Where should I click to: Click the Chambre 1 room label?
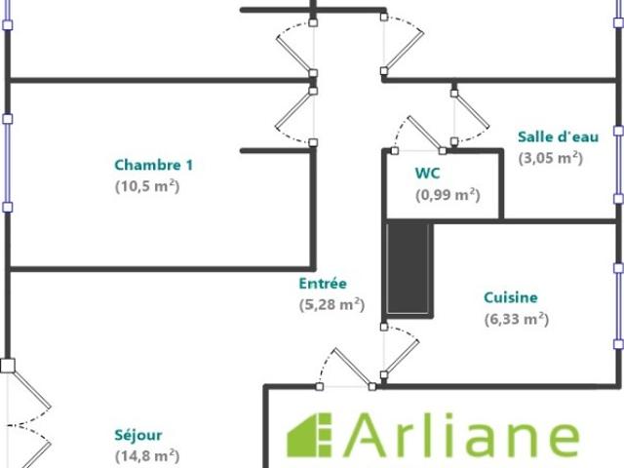[x=154, y=165]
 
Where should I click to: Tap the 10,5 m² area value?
[x=147, y=186]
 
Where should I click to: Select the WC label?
[x=427, y=174]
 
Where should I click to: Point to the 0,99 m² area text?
[x=448, y=195]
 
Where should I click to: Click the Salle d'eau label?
[x=558, y=136]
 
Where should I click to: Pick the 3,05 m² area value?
[x=550, y=158]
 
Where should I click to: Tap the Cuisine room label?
[x=511, y=297]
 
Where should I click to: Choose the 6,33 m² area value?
[x=517, y=319]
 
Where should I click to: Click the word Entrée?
[x=323, y=284]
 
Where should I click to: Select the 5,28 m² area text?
[x=331, y=305]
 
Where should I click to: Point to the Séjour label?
[x=138, y=435]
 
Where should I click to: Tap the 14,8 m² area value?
[x=147, y=455]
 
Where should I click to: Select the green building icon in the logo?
[x=309, y=435]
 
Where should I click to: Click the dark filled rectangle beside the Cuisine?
[x=408, y=269]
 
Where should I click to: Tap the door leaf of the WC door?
[x=425, y=133]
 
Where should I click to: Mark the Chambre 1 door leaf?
[x=293, y=109]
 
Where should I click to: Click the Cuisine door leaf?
[x=401, y=358]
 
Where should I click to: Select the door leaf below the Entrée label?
[x=353, y=368]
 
